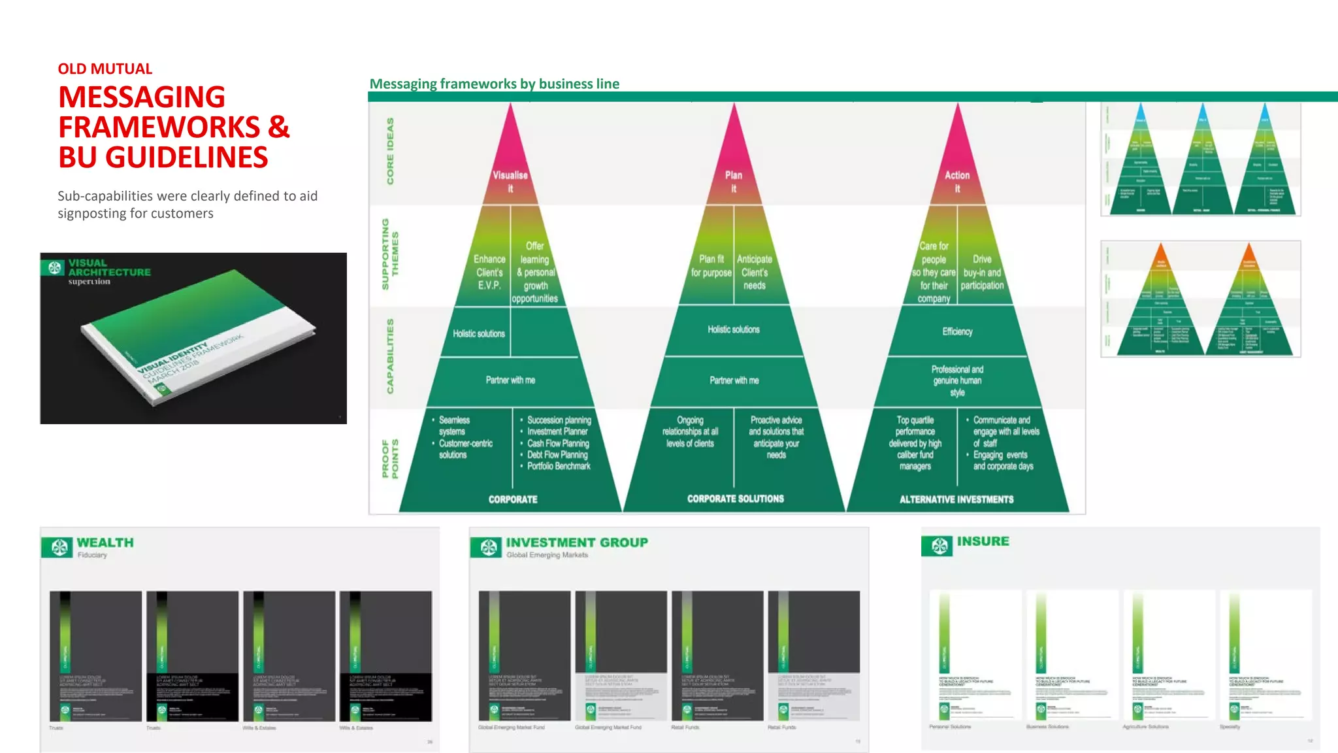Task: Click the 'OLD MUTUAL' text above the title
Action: (105, 69)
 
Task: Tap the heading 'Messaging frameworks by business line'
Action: (494, 84)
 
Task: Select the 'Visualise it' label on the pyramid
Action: (510, 182)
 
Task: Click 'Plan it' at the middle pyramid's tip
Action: (734, 182)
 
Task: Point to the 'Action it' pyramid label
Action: (957, 182)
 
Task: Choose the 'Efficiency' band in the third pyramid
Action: (957, 331)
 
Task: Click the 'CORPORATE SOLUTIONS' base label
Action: (735, 499)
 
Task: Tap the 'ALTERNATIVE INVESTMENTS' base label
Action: (956, 499)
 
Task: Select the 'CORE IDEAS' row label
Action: (390, 151)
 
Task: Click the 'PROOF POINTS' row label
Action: (390, 458)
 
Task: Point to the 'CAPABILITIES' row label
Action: (390, 356)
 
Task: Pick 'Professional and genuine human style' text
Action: (957, 380)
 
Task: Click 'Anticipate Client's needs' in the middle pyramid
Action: (755, 272)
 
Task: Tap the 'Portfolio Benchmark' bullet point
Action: (559, 466)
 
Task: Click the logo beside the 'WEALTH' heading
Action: (59, 546)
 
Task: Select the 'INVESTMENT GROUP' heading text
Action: (577, 543)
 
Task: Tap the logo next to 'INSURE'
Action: (939, 545)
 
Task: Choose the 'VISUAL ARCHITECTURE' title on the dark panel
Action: (109, 267)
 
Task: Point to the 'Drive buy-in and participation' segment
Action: (982, 272)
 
